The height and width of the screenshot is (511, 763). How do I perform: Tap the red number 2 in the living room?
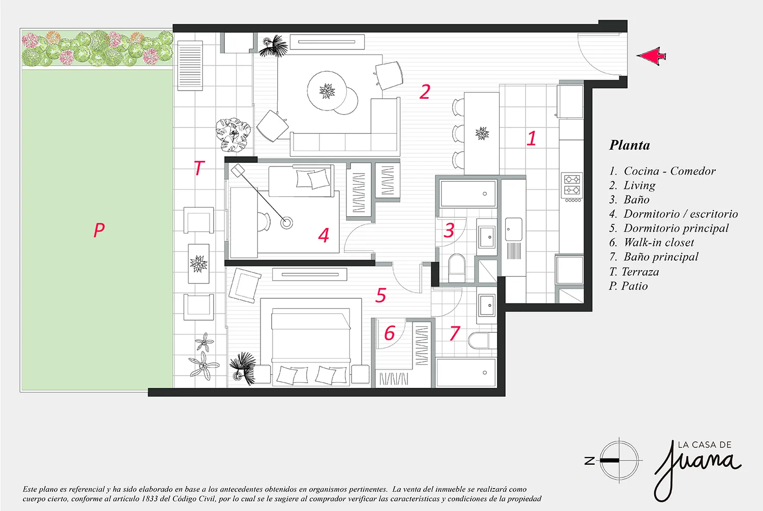tap(425, 92)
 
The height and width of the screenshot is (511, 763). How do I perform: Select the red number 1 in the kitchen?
tap(532, 138)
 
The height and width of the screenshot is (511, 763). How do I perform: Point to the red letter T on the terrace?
tap(199, 167)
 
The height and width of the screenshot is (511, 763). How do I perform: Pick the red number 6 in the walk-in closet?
tap(389, 333)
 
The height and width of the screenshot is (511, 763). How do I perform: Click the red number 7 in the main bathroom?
tap(455, 333)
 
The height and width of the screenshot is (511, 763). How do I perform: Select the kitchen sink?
tap(514, 229)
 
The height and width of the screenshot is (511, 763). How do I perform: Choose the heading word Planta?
tap(630, 145)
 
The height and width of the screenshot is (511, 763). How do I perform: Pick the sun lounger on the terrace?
tap(190, 66)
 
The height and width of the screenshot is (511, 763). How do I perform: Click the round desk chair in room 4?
tap(264, 221)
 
